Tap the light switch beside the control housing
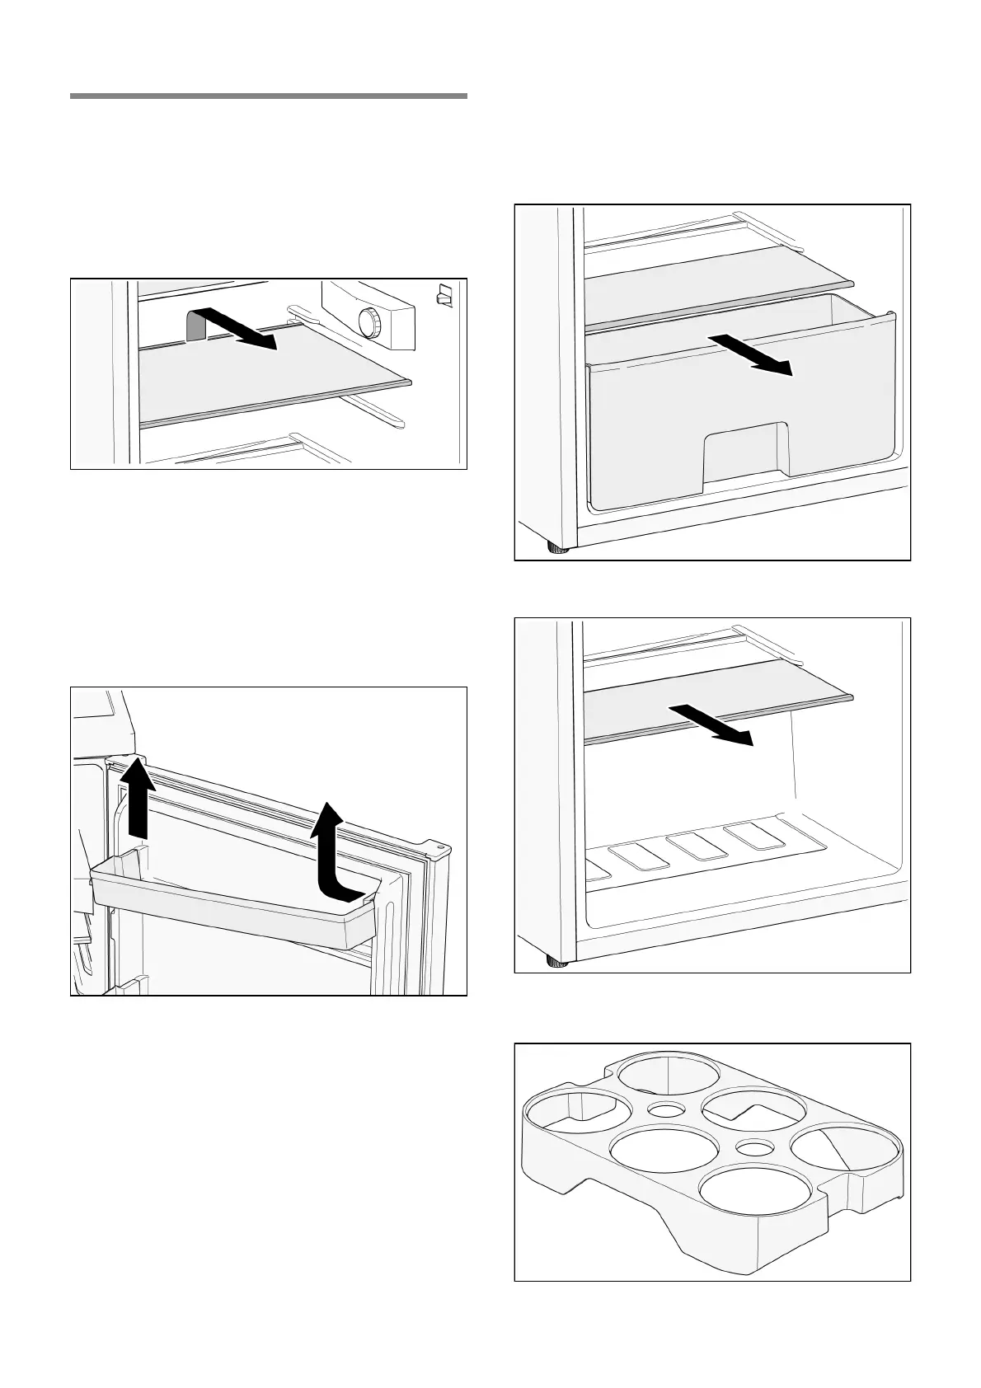pos(445,295)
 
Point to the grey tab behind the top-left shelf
pos(195,326)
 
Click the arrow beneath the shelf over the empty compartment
pos(711,724)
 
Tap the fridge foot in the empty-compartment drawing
pos(558,961)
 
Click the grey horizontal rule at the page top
pos(269,96)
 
